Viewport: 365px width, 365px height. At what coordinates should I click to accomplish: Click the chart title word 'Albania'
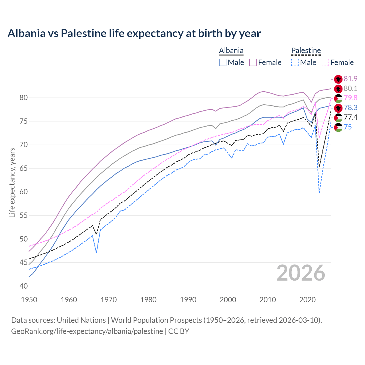point(26,33)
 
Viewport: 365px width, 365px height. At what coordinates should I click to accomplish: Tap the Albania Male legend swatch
point(223,62)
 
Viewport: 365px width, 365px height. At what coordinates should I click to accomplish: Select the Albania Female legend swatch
point(253,62)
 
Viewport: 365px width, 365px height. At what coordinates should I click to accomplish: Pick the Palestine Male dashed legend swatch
point(295,62)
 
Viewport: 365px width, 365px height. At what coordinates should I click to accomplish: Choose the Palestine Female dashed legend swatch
point(325,62)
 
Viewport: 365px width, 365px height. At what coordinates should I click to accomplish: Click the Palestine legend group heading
point(306,51)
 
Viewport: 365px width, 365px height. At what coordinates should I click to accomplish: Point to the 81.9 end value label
point(350,79)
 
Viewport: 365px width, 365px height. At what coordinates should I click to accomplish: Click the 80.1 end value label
point(350,89)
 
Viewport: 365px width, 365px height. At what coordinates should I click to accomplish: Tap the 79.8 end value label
point(350,98)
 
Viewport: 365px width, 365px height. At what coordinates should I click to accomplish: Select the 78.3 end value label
point(350,108)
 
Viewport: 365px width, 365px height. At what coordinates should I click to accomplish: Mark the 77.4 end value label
point(350,117)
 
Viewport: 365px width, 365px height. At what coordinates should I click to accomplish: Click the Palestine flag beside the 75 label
point(338,127)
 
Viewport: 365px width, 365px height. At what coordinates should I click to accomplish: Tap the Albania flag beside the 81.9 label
point(338,79)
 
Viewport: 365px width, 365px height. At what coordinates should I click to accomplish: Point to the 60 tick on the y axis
point(24,192)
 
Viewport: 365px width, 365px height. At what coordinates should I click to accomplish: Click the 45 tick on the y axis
point(24,263)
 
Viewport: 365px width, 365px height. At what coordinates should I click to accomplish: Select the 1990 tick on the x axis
point(188,300)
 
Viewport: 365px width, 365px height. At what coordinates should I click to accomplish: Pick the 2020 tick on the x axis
point(307,300)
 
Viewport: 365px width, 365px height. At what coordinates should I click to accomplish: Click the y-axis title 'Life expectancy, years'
point(12,182)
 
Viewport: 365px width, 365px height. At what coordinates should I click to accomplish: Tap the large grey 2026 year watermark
point(301,273)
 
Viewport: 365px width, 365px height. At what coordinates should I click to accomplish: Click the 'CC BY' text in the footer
point(179,331)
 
